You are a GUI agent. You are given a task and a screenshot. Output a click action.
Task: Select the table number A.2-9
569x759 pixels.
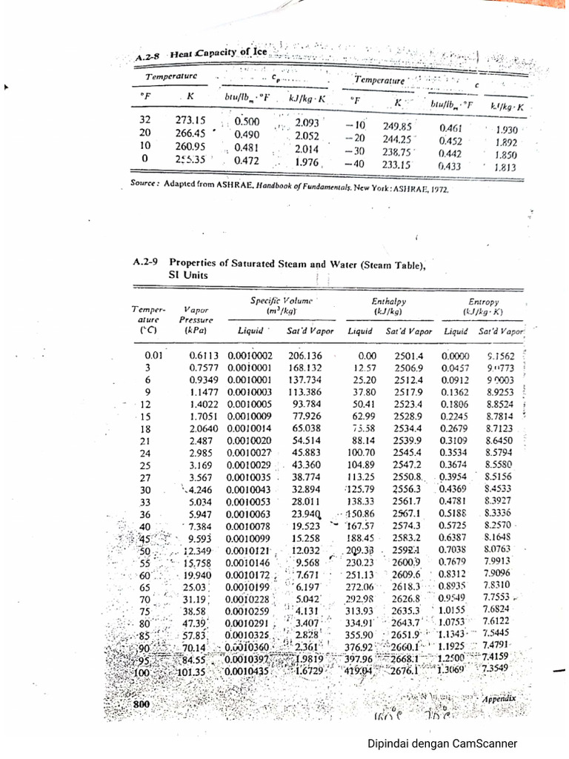[x=147, y=262]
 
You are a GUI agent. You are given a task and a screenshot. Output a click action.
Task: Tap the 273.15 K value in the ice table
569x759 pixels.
[x=190, y=121]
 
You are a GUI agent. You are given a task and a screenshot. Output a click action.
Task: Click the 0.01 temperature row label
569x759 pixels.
[x=153, y=356]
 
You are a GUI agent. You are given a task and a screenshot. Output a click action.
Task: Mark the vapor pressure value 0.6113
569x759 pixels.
[x=207, y=356]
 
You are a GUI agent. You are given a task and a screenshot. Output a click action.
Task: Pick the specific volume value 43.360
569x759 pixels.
[x=307, y=465]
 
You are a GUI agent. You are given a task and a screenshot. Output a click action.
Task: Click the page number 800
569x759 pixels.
[x=142, y=703]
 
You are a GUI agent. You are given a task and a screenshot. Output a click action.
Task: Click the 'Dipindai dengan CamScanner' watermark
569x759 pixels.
[x=442, y=744]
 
